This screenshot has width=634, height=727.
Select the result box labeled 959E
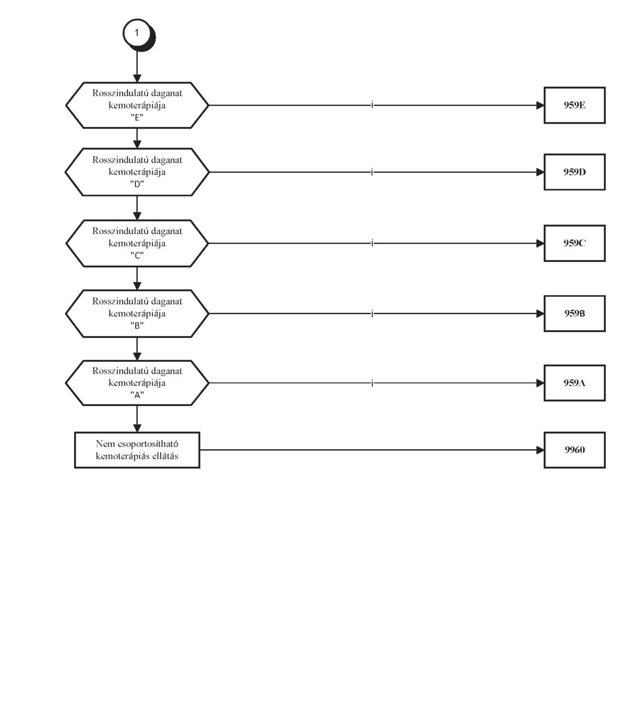click(574, 105)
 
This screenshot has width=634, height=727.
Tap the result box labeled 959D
click(574, 172)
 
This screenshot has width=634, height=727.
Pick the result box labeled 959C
click(574, 243)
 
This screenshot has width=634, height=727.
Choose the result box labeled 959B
click(574, 313)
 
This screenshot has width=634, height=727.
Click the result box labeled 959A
click(574, 383)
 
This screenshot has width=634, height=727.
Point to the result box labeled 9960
click(574, 450)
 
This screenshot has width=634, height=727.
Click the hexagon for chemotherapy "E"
click(137, 105)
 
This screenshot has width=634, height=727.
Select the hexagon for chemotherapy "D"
click(137, 172)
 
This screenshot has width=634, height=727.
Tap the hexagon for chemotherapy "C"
click(137, 243)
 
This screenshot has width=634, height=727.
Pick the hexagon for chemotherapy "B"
click(137, 313)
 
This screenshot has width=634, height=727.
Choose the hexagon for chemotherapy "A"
click(137, 383)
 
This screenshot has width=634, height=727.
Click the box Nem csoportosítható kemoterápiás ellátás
click(137, 450)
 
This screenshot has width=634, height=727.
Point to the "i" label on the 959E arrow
click(372, 105)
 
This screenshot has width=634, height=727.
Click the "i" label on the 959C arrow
click(372, 243)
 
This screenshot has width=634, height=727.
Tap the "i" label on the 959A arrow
click(372, 383)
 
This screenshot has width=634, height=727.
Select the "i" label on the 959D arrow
click(372, 172)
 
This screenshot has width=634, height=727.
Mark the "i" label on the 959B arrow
click(372, 313)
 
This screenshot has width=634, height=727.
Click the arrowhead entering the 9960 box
click(540, 450)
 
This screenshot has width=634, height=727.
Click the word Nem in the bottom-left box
click(105, 443)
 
